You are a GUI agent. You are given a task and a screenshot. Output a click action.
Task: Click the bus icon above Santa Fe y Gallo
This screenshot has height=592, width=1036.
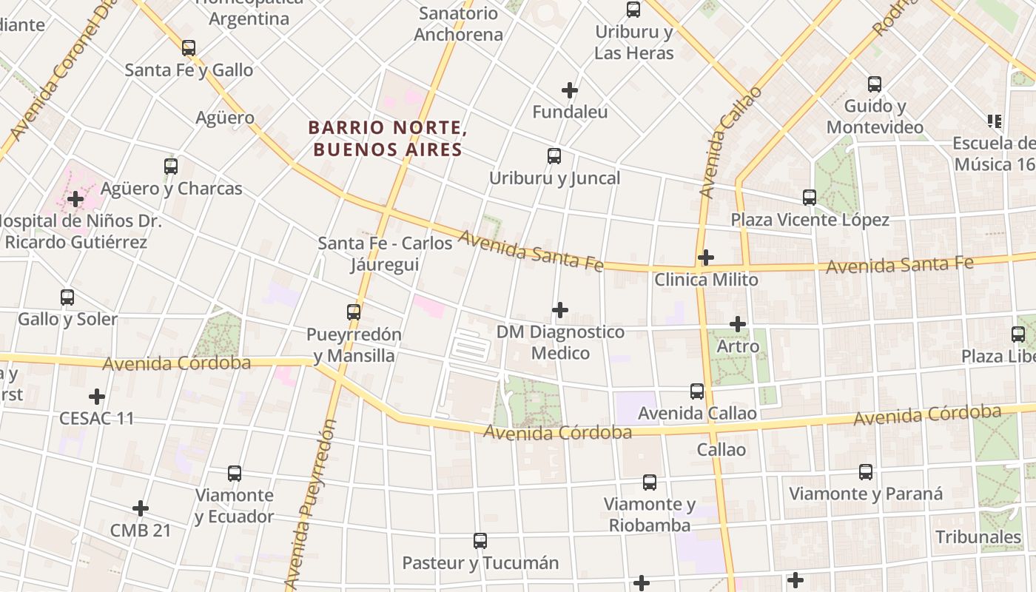tap(189, 48)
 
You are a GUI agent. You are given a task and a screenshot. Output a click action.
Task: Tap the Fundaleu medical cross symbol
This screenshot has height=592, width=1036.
tap(569, 90)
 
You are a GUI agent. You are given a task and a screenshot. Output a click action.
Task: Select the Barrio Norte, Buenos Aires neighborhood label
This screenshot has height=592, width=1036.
tap(388, 139)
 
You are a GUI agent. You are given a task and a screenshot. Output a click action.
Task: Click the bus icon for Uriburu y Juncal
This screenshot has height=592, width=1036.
tap(554, 156)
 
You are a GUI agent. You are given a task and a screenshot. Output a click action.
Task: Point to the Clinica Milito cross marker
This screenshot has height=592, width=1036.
tap(706, 258)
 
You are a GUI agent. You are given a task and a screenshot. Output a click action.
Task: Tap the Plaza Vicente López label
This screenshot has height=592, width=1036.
tap(810, 220)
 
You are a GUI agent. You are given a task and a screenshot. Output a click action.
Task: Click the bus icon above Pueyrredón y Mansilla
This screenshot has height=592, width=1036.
tap(354, 312)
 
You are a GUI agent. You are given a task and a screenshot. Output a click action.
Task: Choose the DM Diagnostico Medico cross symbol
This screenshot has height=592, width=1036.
tap(560, 309)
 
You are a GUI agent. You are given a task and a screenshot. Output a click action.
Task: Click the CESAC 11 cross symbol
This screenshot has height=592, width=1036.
tap(97, 396)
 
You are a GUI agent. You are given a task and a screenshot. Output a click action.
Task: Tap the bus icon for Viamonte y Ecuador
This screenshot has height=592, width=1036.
tap(235, 474)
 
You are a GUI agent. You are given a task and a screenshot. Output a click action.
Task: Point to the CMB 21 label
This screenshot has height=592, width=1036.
tap(141, 531)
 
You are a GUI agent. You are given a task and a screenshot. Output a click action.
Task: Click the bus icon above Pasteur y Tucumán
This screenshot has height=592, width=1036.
tap(480, 541)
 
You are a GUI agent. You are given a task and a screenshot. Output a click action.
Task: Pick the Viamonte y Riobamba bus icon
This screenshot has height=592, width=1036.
tap(650, 482)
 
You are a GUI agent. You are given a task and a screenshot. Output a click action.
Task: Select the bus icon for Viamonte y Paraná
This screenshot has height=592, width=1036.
tap(866, 472)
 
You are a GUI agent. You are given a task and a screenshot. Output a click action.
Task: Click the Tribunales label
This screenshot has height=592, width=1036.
tap(978, 536)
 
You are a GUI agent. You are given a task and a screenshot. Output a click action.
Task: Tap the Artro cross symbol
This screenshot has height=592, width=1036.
tap(738, 324)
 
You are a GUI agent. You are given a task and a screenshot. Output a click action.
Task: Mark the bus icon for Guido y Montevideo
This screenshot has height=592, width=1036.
tap(875, 84)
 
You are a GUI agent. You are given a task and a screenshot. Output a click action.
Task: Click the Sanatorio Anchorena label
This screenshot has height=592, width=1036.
tap(458, 24)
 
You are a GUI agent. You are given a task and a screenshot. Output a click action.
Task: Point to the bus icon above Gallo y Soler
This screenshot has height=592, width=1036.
tap(67, 297)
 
